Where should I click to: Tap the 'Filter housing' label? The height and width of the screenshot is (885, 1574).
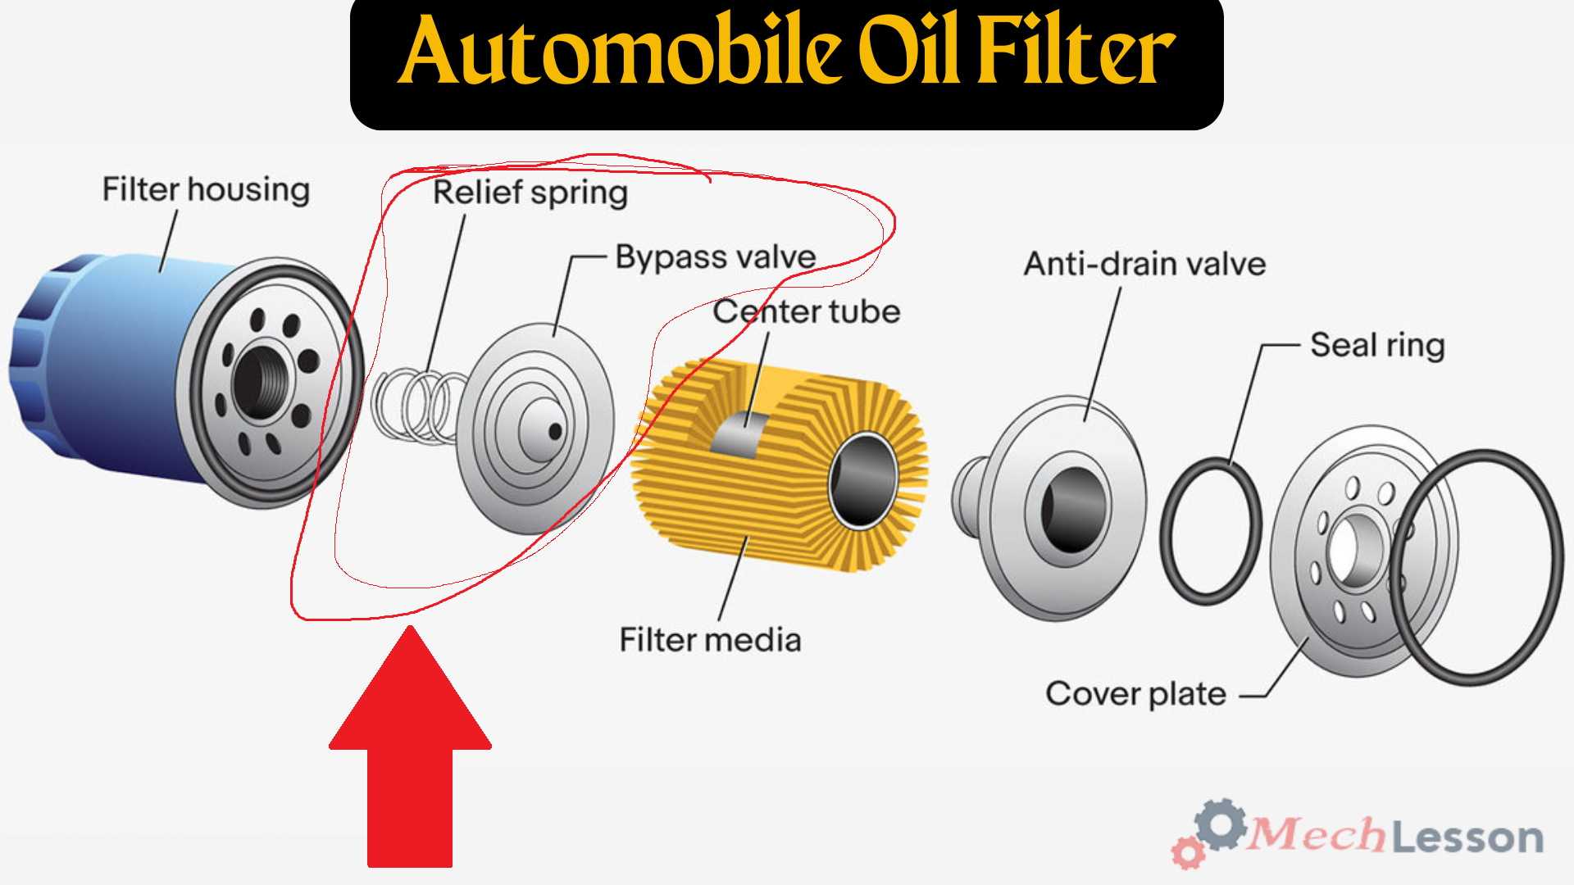tap(206, 189)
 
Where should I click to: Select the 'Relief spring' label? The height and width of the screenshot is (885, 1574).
tap(530, 193)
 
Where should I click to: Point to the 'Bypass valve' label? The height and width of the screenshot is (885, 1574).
tap(716, 257)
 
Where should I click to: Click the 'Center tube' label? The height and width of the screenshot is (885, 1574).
tap(807, 311)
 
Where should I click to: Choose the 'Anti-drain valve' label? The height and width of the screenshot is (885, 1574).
tap(1144, 264)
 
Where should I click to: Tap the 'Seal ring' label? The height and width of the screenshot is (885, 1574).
tap(1377, 345)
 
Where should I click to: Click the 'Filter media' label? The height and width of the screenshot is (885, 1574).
tap(710, 639)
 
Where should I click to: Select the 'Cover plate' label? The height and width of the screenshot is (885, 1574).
tap(1135, 694)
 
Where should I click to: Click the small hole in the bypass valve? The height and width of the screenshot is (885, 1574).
tap(555, 431)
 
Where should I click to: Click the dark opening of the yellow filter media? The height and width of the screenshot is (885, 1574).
tap(863, 482)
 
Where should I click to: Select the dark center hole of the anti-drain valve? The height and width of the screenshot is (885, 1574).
tap(1071, 511)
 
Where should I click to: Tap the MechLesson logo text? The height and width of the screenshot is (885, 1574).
tap(1394, 837)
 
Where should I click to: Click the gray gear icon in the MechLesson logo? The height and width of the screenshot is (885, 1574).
tap(1221, 824)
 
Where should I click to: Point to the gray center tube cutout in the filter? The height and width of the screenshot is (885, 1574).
tap(740, 435)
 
